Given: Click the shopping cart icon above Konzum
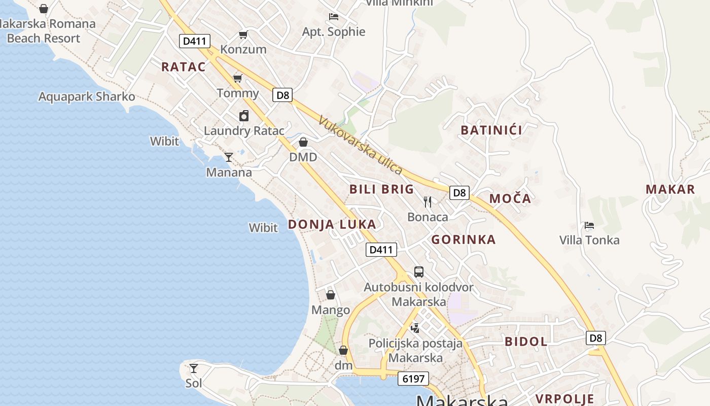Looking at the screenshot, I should click(x=243, y=35).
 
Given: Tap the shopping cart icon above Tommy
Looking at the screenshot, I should click(x=237, y=78).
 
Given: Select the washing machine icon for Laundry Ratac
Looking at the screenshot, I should click(x=244, y=116).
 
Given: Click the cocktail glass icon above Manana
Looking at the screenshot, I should click(x=229, y=157).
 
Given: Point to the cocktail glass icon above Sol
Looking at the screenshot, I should click(x=193, y=368).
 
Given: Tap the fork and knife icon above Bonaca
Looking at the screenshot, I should click(x=428, y=202).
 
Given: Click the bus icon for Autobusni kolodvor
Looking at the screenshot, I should click(x=418, y=272).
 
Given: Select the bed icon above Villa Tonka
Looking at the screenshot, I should click(x=589, y=225).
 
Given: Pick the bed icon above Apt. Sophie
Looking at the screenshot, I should click(x=334, y=17).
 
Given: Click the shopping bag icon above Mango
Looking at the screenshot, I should click(x=331, y=294).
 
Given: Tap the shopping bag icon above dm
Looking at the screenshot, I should click(x=343, y=350).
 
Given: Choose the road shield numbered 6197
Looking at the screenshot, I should click(x=413, y=379).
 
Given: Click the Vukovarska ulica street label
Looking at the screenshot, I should click(x=360, y=145).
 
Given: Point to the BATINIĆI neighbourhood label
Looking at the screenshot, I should click(x=491, y=130).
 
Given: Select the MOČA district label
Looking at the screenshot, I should click(x=510, y=198).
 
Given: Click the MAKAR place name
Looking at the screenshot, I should click(x=670, y=190).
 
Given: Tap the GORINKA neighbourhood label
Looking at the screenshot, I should click(x=464, y=240).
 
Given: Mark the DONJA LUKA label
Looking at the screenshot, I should click(x=332, y=224).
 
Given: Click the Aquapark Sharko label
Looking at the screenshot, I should click(x=87, y=96).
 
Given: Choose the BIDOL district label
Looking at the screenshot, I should click(x=526, y=342).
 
